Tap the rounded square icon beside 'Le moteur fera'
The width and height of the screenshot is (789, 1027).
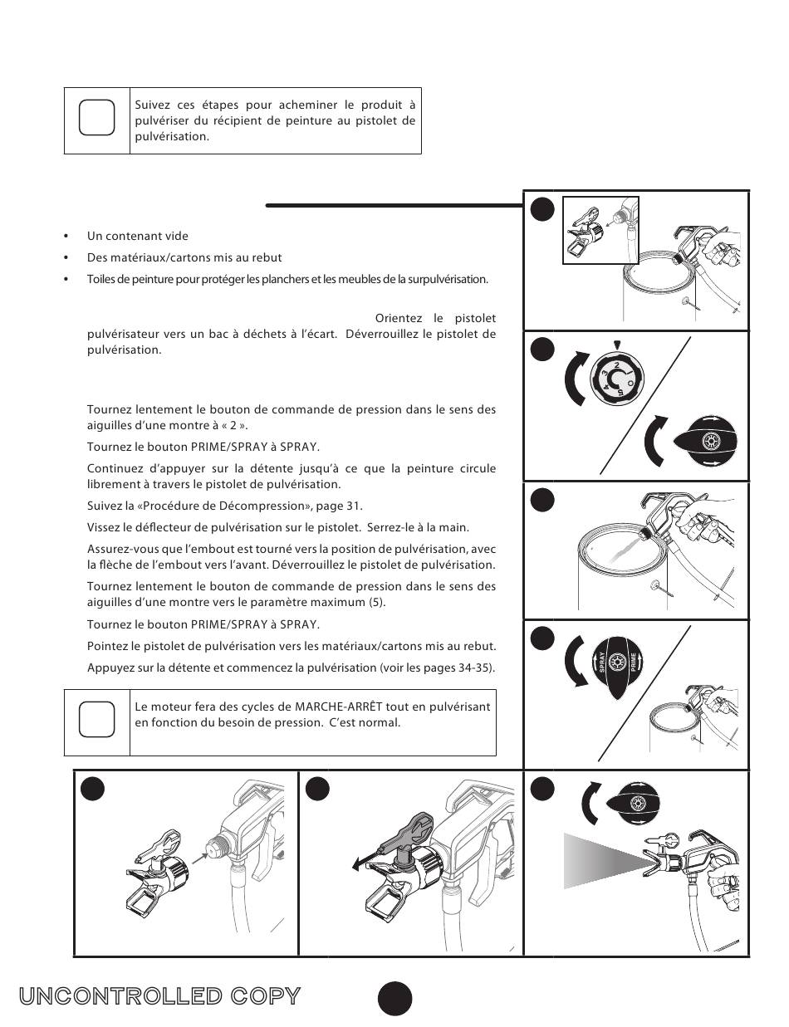point(96,719)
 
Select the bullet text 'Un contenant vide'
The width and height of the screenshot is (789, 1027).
point(138,236)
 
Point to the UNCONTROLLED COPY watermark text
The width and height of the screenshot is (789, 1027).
point(159,996)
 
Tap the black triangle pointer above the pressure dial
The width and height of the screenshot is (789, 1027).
point(616,345)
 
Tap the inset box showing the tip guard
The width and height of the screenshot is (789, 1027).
point(601,229)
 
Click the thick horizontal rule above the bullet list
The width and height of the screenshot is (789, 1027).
point(394,204)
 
